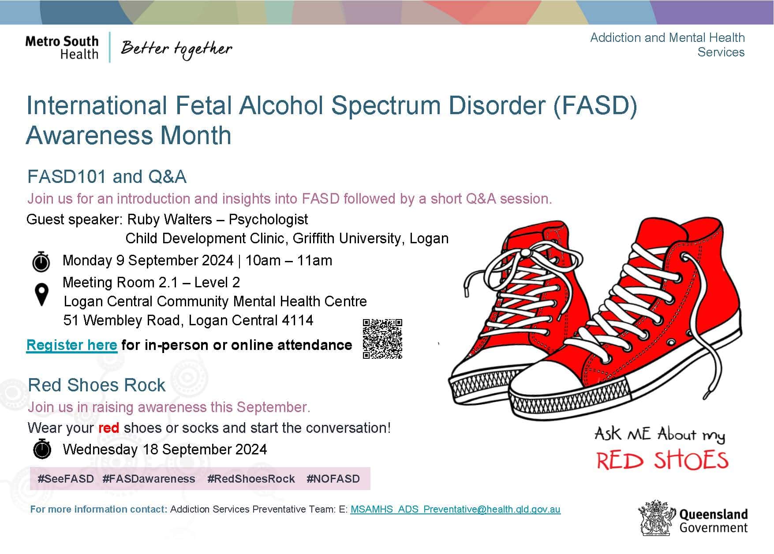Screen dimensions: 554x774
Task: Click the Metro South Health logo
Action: tap(62, 47)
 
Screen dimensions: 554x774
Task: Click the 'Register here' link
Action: tap(71, 345)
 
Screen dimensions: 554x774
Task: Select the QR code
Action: tap(382, 338)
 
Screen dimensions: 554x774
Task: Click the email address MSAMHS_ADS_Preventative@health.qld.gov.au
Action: tap(455, 509)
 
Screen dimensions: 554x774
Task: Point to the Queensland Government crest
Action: tap(657, 518)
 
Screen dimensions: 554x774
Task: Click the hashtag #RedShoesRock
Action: tap(251, 479)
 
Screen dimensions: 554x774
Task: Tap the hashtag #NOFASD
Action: tap(333, 479)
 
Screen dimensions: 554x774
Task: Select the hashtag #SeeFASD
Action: tap(66, 479)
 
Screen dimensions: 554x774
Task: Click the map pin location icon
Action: tap(41, 294)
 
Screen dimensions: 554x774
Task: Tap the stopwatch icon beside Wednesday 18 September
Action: tap(42, 449)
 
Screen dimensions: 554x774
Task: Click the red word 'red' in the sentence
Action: tap(108, 428)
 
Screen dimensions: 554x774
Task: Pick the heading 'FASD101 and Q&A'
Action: tap(107, 177)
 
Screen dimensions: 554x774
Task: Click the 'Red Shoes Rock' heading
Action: tap(97, 385)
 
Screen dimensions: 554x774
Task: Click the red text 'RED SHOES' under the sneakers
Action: tap(662, 461)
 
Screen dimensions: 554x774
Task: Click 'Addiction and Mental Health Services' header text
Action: tap(667, 45)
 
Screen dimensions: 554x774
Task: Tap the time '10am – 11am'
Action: tap(288, 260)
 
